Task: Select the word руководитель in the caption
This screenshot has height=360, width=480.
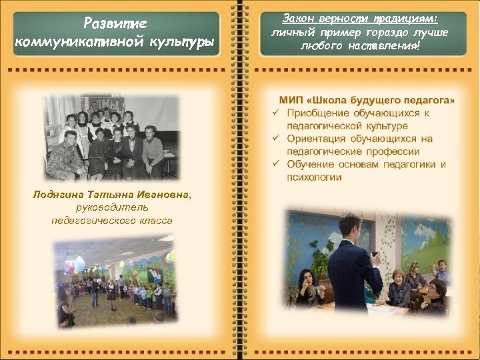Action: (x=111, y=207)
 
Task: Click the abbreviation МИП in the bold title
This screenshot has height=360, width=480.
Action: (x=298, y=100)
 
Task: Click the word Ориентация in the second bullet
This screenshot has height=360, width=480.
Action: (x=317, y=139)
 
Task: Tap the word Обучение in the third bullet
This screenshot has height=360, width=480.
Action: (x=310, y=165)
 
